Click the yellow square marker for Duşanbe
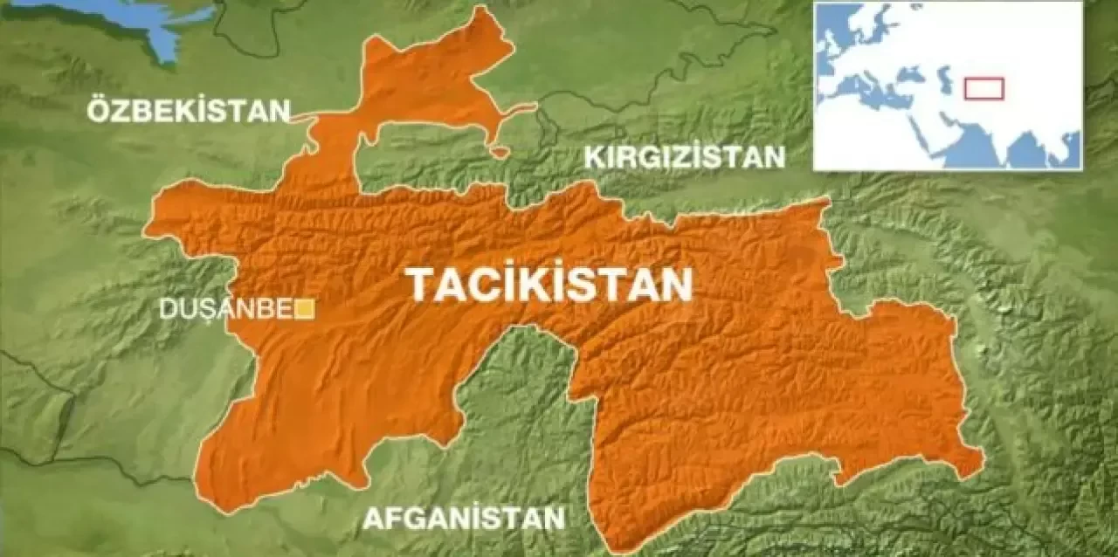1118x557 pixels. [x=305, y=308]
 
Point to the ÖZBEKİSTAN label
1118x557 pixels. [x=188, y=111]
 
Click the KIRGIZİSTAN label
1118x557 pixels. [x=685, y=157]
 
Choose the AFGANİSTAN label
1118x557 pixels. [x=464, y=518]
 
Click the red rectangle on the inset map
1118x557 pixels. [x=983, y=88]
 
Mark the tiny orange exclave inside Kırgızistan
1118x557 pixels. [x=500, y=152]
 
